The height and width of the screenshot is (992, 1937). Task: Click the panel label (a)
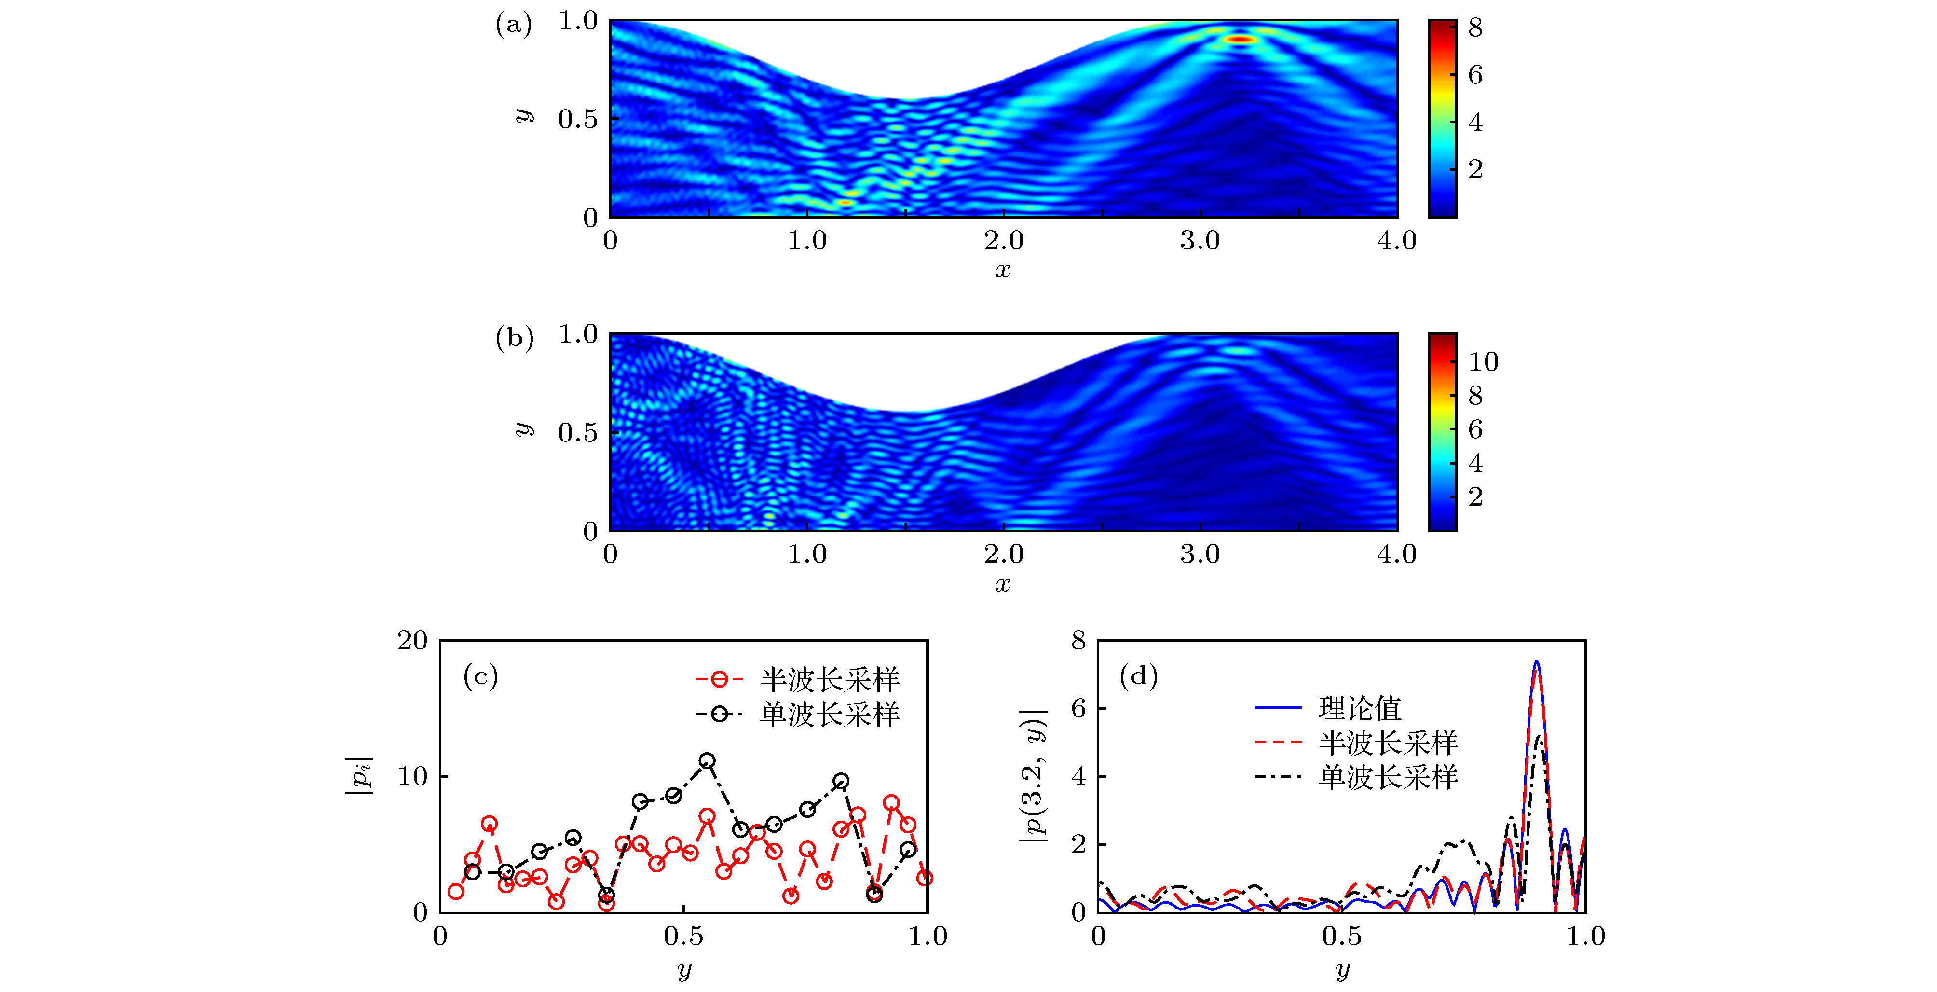tap(514, 25)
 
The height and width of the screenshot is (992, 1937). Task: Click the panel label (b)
tap(514, 338)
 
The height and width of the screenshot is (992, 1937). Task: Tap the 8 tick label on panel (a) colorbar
tap(1475, 28)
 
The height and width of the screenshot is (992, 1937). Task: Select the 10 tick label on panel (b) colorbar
tap(1483, 362)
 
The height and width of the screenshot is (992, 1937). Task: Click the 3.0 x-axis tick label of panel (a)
tap(1200, 241)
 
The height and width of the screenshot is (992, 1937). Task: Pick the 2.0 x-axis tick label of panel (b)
tap(1003, 554)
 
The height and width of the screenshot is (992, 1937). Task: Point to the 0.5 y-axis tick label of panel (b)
tap(577, 432)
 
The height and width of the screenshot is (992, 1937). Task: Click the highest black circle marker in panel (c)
tap(707, 761)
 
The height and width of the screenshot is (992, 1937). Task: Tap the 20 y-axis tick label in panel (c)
tap(412, 641)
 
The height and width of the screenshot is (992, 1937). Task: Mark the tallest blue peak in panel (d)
tap(1536, 662)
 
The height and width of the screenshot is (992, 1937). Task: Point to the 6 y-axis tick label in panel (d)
tap(1079, 708)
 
